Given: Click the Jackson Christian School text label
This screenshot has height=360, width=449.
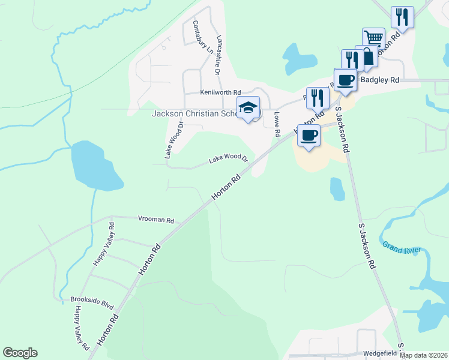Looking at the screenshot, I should click(193, 113).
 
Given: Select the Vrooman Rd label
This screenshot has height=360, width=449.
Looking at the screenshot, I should click(155, 220).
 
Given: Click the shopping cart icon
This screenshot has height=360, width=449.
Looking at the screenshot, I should click(373, 39).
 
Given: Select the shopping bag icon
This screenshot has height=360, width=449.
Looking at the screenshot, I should click(366, 56).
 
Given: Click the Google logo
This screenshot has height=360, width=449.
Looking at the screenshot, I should click(20, 353).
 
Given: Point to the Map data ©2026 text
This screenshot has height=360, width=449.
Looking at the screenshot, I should click(423, 355).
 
